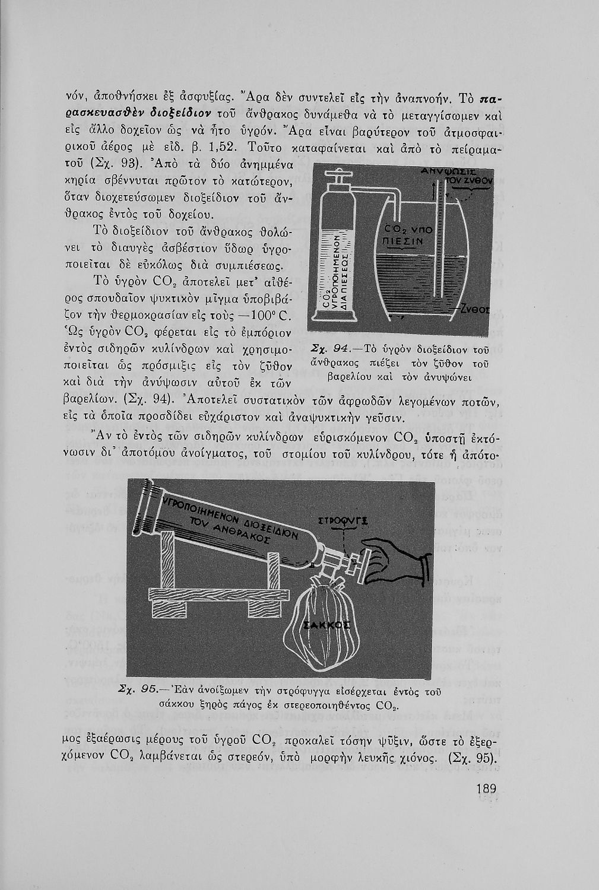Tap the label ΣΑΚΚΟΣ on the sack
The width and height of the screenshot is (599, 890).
point(326,625)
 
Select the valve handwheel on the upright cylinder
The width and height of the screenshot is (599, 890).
point(340,177)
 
